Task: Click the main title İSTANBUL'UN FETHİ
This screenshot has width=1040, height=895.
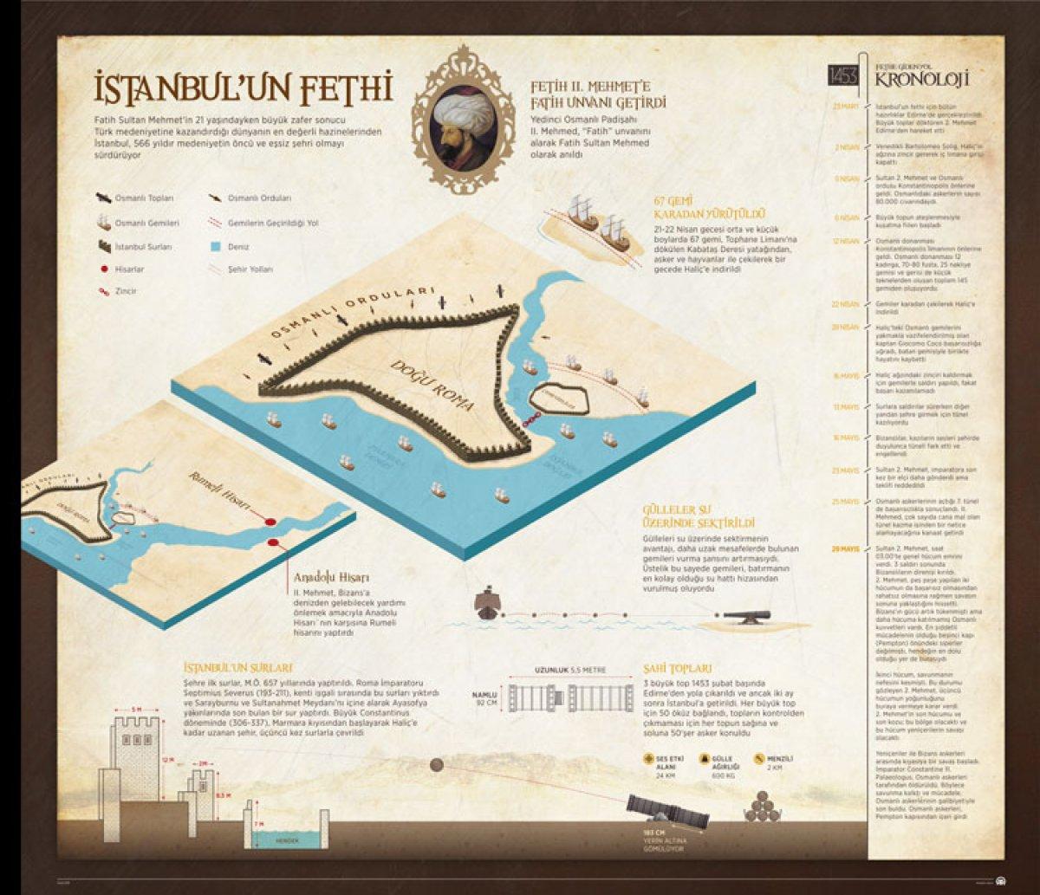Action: click(x=244, y=89)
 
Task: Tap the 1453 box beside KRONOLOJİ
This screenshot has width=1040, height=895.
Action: click(x=843, y=75)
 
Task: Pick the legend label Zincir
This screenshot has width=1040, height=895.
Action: click(x=127, y=292)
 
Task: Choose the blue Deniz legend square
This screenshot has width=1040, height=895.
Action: click(x=217, y=246)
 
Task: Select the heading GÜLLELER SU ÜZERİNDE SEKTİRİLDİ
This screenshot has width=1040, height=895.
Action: click(x=699, y=517)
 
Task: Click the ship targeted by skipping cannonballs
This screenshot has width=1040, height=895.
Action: click(x=488, y=603)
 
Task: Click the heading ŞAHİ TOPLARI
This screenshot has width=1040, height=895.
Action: click(x=678, y=668)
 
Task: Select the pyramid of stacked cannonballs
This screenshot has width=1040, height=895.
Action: click(x=762, y=808)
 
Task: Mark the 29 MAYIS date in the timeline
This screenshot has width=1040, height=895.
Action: click(x=845, y=548)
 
